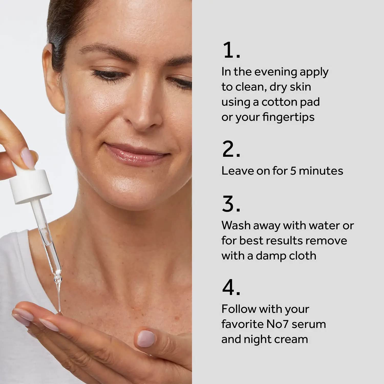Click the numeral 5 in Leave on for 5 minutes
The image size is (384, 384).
click(293, 171)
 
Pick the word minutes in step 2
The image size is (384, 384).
click(321, 171)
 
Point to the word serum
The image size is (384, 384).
click(309, 324)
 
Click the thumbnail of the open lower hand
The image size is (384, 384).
click(146, 338)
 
